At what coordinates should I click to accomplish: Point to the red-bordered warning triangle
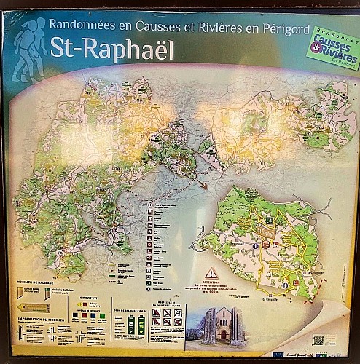coord(211,273)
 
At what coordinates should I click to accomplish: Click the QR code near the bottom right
coord(318,339)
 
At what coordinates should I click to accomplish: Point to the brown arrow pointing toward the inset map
coord(206,186)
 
